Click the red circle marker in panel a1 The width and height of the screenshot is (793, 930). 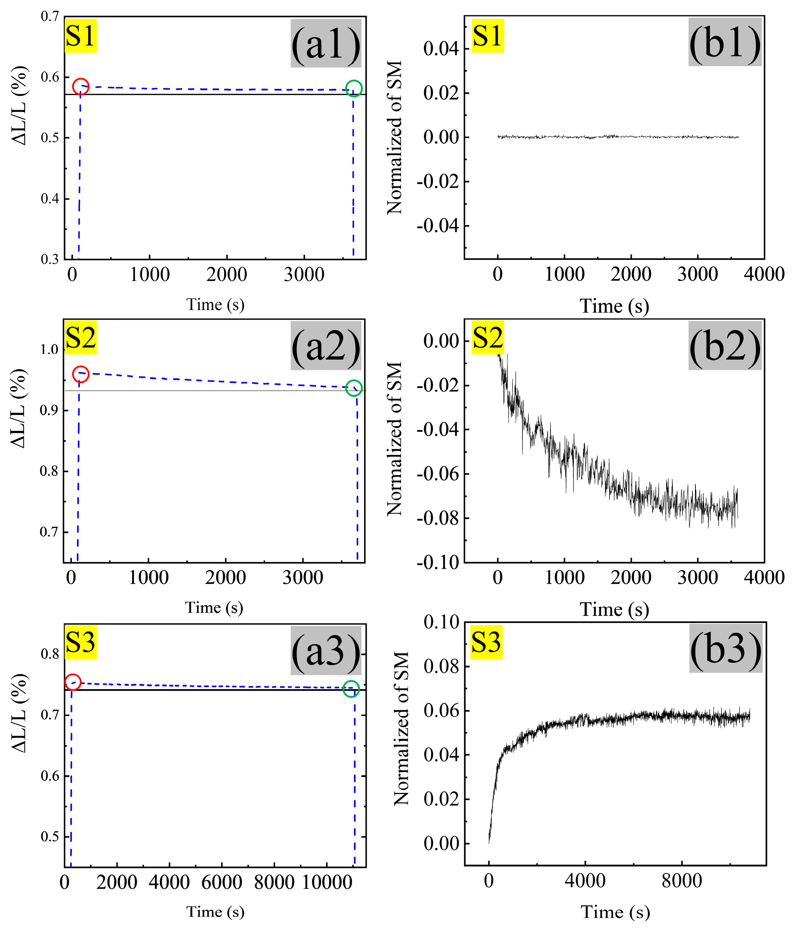(x=81, y=87)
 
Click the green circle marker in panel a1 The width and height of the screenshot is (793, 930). (x=354, y=89)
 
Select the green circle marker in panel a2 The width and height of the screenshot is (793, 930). (x=354, y=388)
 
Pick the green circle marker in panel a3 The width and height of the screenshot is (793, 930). (x=351, y=688)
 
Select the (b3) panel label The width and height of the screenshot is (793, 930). (x=726, y=649)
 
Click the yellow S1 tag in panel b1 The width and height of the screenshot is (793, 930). (x=487, y=36)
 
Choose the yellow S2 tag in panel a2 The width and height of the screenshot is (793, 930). (x=80, y=338)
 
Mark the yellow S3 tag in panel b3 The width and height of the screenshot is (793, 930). (x=486, y=642)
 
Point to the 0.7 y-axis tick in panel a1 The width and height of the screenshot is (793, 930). (x=50, y=17)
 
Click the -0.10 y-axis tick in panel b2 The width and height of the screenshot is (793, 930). (x=438, y=562)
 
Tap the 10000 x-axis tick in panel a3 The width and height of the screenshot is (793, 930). (x=327, y=882)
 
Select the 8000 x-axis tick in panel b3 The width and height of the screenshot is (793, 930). (x=681, y=881)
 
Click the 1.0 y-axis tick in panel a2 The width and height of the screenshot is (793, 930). (x=50, y=349)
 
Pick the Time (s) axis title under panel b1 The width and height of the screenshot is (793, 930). (x=614, y=306)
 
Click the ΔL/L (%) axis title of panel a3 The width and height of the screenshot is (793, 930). (x=19, y=714)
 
